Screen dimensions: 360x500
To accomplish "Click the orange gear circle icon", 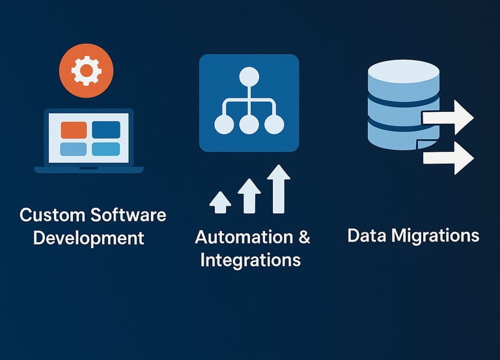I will pyautogui.click(x=86, y=70).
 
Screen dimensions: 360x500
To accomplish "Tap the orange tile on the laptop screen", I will pyautogui.click(x=73, y=129).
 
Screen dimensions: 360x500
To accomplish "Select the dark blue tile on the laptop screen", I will pyautogui.click(x=106, y=129).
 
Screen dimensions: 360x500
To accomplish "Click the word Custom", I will pyautogui.click(x=51, y=215).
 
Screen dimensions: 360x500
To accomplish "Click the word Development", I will pyautogui.click(x=89, y=238).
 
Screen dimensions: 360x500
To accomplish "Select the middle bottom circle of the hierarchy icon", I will pyautogui.click(x=249, y=124).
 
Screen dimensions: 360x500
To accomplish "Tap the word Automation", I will pyautogui.click(x=235, y=237).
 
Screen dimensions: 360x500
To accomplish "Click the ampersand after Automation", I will pyautogui.click(x=303, y=237).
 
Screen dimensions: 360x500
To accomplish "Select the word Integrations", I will pyautogui.click(x=250, y=260).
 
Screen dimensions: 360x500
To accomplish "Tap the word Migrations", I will pyautogui.click(x=436, y=235).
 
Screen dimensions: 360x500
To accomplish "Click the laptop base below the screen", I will pyautogui.click(x=89, y=169).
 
